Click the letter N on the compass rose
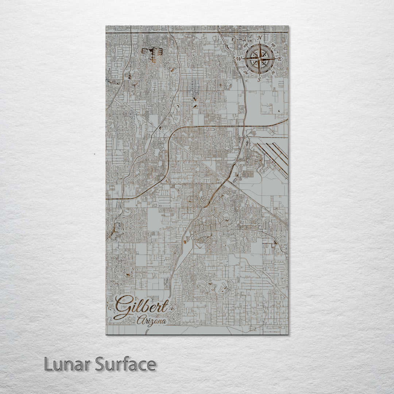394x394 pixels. (x=260, y=38)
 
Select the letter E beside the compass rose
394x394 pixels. (x=280, y=59)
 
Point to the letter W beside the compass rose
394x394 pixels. (x=239, y=58)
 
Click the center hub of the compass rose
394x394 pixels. (x=259, y=58)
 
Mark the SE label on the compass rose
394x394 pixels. (x=274, y=73)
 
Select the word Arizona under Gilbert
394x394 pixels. (x=152, y=321)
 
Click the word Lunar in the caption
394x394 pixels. (x=67, y=364)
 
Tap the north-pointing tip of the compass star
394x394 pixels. (x=259, y=44)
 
